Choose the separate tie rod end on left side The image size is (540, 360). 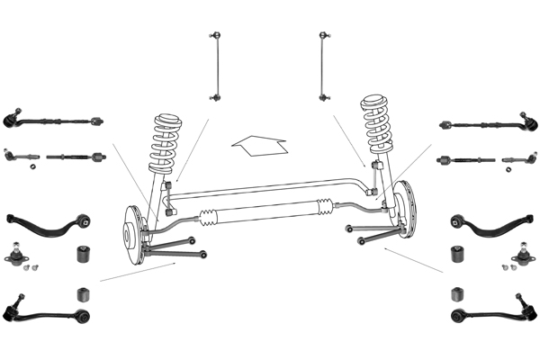[x=20, y=156]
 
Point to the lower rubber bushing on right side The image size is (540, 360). [x=455, y=294]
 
